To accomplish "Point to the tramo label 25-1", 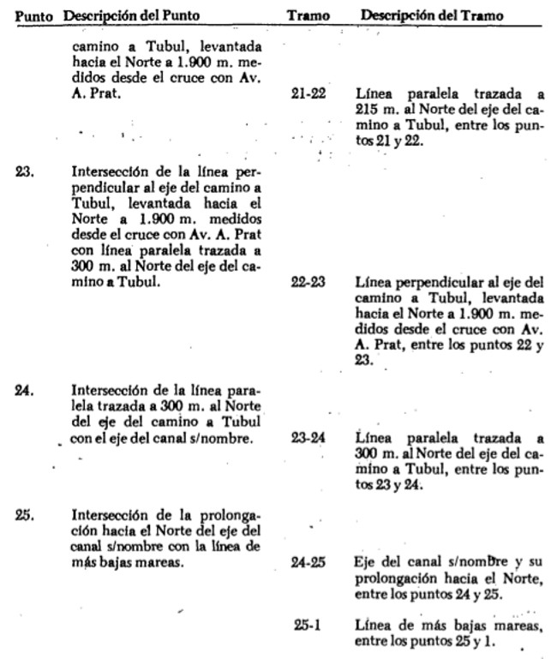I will pyautogui.click(x=307, y=626).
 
